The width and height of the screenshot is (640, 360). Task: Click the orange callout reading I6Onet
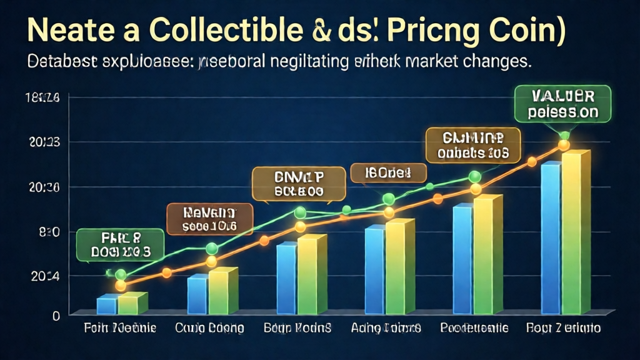388,172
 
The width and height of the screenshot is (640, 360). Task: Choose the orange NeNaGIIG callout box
209,219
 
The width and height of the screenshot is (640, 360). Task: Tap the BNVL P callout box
299,184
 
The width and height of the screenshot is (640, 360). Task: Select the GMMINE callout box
473,145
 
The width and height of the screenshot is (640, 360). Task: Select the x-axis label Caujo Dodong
209,328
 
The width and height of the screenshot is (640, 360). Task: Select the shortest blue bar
106,306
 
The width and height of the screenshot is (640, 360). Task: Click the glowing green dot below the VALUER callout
564,136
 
